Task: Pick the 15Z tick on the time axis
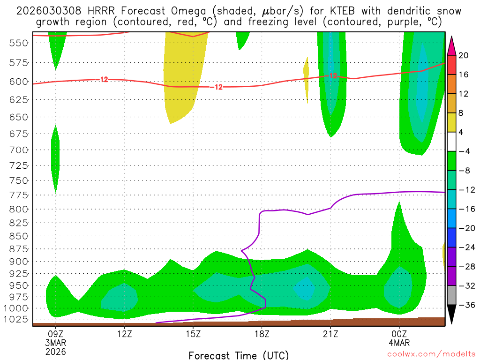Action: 193,335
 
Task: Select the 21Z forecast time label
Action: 330,335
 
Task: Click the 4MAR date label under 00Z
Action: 399,343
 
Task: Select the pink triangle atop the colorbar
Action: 452,46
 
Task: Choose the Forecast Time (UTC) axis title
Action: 239,355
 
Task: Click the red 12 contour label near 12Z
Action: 104,80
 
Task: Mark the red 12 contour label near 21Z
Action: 333,75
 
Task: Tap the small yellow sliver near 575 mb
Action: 307,77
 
